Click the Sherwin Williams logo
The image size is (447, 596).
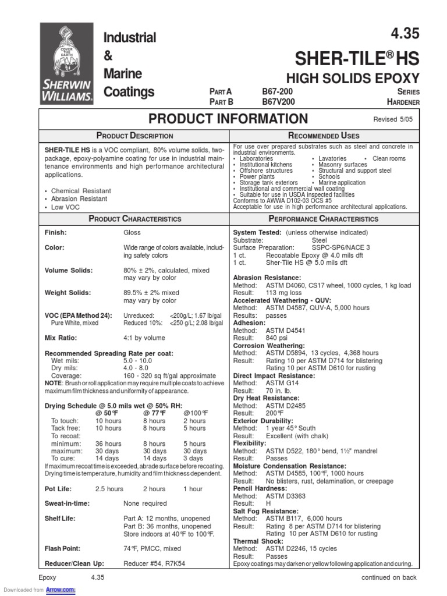[x=66, y=64]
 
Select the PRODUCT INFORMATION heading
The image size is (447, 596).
[x=228, y=119]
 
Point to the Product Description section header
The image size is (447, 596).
[x=135, y=136]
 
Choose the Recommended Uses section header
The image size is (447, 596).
[x=322, y=136]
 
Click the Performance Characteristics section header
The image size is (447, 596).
[x=322, y=219]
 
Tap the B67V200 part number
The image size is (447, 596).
[x=278, y=102]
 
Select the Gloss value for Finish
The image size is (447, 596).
[x=132, y=232]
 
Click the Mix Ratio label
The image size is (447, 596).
[x=61, y=338]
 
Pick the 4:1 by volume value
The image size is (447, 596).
[x=144, y=338]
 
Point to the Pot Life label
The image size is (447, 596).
[x=59, y=489]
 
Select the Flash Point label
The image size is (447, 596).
[x=63, y=548]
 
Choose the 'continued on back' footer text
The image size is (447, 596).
[x=389, y=577]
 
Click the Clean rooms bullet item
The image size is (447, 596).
[x=389, y=158]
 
